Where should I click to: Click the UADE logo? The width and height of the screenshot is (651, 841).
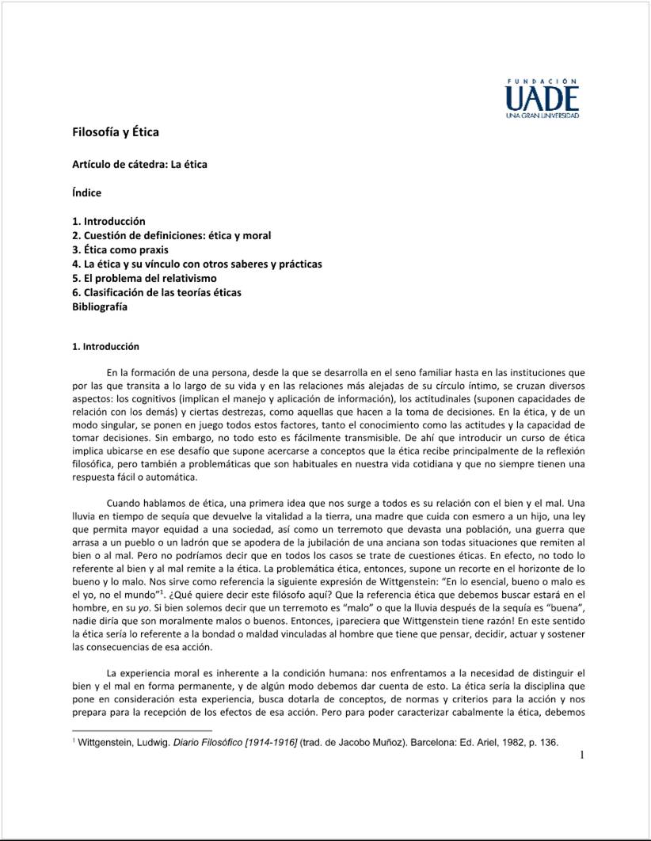coord(542,99)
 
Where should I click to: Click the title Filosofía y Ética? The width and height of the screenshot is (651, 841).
coord(115,131)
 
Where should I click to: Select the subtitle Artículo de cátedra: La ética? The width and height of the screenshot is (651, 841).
coord(139,164)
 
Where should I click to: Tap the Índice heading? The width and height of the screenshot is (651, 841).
coord(86,192)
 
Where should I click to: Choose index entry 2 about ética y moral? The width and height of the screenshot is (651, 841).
coord(171,235)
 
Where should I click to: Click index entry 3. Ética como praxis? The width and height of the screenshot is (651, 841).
coord(120,249)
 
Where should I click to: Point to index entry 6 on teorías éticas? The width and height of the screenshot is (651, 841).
coord(156,292)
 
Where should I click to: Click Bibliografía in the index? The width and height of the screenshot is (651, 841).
coord(99,306)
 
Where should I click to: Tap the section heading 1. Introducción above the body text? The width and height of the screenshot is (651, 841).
coord(105,346)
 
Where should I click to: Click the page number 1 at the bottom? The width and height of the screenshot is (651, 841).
coord(581,755)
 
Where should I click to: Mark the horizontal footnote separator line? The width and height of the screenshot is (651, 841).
coord(142,730)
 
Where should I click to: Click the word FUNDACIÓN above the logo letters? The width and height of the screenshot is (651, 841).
coord(542,81)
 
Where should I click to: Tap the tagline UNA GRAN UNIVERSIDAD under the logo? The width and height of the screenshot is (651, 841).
coord(542,116)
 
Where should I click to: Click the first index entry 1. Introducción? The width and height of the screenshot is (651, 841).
coord(108,221)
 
